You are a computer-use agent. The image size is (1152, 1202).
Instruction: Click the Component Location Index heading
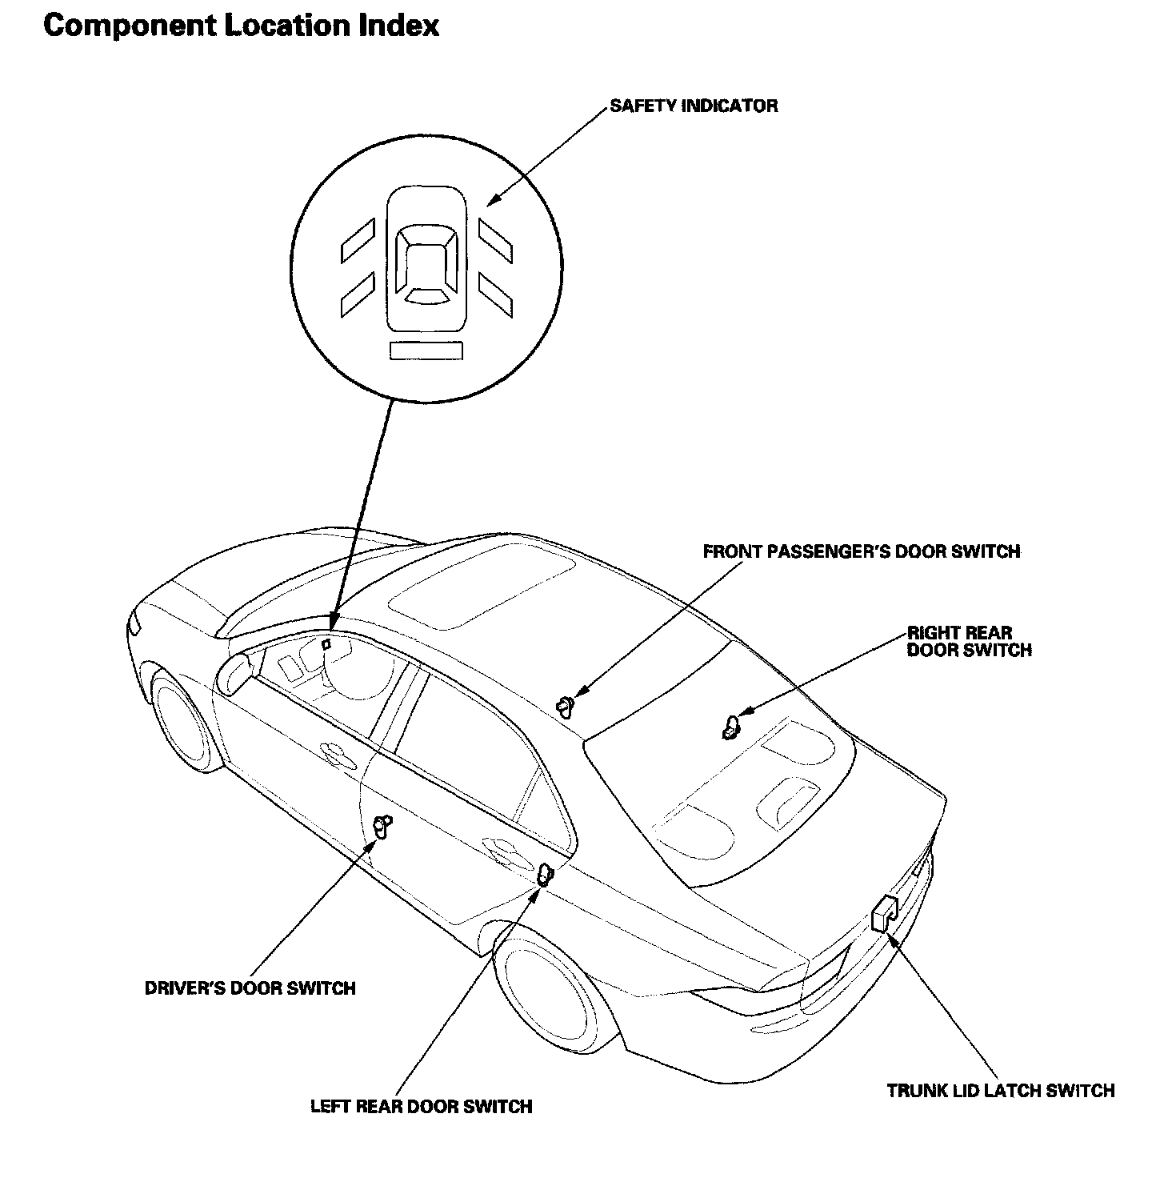[241, 26]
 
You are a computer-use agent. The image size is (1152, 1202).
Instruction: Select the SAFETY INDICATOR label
[693, 106]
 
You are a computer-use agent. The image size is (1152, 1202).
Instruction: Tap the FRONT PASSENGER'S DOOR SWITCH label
[861, 551]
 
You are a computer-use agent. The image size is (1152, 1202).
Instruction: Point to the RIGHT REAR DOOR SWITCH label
[969, 641]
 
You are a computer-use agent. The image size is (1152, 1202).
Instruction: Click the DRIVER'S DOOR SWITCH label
[250, 988]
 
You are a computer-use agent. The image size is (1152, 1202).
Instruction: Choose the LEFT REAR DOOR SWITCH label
[421, 1107]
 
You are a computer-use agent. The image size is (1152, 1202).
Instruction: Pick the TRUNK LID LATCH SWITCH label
[1000, 1090]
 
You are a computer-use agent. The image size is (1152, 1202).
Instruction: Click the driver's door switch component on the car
[382, 827]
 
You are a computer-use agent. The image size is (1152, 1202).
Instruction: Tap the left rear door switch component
[544, 875]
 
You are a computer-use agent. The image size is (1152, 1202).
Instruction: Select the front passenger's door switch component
[566, 705]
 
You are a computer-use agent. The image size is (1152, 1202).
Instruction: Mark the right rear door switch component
[730, 727]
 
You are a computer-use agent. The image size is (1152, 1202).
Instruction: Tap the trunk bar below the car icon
[426, 351]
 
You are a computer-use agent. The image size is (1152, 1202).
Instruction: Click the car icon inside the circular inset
[426, 260]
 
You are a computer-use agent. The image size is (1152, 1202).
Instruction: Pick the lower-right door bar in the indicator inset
[495, 294]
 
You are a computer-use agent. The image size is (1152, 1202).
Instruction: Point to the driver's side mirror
[234, 673]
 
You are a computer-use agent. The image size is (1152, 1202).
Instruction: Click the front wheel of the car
[182, 724]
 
